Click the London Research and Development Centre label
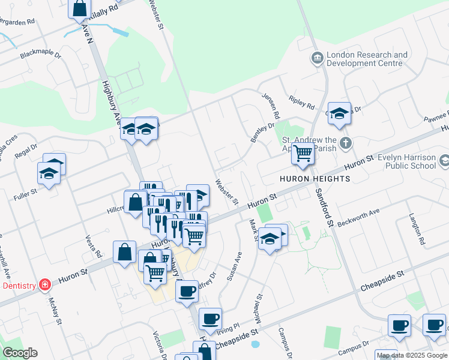point(367,59)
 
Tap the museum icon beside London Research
point(316,58)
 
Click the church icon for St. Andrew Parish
point(345,143)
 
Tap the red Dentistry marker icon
point(44,285)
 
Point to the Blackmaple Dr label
point(41,55)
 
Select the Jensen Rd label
point(270,106)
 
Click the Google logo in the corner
point(20,353)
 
